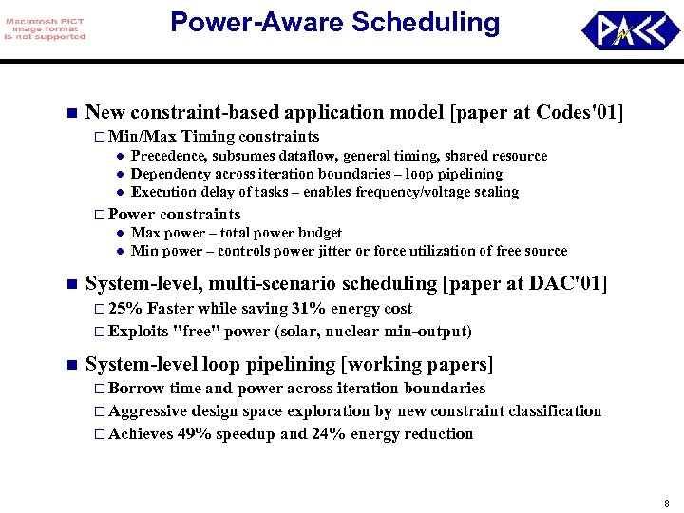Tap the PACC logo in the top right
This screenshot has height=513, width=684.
point(630,30)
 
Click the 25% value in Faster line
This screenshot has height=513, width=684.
point(125,309)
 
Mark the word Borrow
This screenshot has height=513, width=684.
point(137,389)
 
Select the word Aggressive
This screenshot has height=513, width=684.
point(148,411)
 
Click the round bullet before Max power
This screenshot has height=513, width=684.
point(120,233)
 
